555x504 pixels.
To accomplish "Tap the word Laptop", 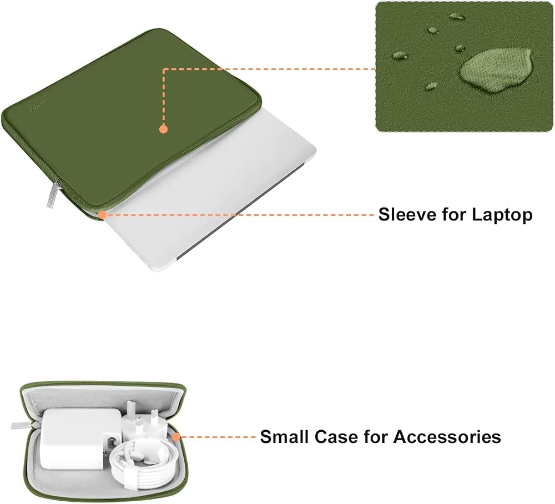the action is point(502,215).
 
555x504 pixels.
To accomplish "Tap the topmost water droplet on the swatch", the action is point(457,16).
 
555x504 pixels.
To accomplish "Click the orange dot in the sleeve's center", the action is point(163,129).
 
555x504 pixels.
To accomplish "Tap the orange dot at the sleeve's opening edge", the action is point(102,215).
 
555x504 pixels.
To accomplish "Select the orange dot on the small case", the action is point(176,437).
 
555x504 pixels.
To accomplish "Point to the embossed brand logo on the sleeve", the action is point(38,108).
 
